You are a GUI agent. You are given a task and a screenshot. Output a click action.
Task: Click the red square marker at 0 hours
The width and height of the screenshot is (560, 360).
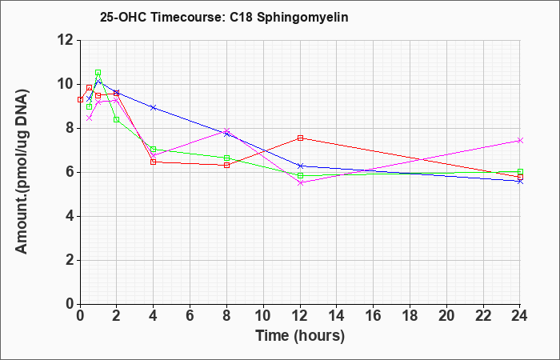(x=80, y=100)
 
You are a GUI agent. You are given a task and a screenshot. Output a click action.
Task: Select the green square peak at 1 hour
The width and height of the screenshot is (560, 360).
(x=98, y=73)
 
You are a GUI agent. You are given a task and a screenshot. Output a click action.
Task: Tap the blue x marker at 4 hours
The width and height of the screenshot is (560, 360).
(x=154, y=107)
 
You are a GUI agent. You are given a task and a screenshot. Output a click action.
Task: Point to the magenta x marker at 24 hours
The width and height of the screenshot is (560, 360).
(x=520, y=140)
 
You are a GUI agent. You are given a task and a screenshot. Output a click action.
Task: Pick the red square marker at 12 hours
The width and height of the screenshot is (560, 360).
(x=300, y=138)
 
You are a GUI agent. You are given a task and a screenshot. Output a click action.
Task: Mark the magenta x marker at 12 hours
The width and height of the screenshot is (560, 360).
(x=300, y=183)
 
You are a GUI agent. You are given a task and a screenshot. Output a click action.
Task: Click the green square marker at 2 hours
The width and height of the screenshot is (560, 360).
(x=117, y=120)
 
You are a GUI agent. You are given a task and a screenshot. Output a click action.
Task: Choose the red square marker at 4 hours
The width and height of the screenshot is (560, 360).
(x=154, y=162)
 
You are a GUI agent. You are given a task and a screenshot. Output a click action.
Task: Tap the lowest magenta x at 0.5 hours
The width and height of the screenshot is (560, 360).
(x=90, y=118)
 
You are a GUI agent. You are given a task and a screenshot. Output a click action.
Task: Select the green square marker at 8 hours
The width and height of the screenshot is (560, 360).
(x=226, y=158)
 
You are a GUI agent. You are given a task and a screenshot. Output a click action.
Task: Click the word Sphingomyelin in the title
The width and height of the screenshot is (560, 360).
(x=302, y=18)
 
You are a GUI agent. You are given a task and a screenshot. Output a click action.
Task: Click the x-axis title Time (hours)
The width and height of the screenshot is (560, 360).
(x=300, y=336)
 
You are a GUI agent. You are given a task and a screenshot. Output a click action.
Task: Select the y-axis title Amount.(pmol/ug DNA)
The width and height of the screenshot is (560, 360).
(x=22, y=172)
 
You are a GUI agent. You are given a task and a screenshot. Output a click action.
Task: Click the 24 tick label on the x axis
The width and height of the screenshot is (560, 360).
(x=519, y=316)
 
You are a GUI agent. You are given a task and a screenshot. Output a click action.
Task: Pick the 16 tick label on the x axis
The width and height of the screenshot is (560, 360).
(x=374, y=316)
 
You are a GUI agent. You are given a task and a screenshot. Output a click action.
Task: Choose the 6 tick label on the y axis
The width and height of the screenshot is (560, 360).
(x=70, y=173)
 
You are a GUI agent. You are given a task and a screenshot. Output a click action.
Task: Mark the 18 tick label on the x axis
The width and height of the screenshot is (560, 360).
(x=410, y=316)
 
